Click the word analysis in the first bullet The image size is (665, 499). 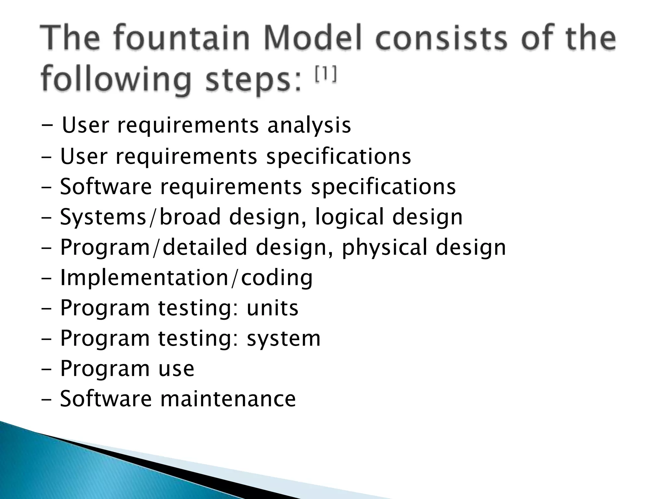[x=309, y=125]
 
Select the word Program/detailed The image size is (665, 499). [x=154, y=248]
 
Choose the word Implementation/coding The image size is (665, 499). [x=186, y=278]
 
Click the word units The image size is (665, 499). [x=272, y=308]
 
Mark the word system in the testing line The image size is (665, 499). [x=283, y=339]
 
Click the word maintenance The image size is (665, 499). [x=228, y=399]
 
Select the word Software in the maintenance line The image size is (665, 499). [x=106, y=399]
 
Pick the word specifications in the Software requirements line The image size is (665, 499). [x=383, y=187]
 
